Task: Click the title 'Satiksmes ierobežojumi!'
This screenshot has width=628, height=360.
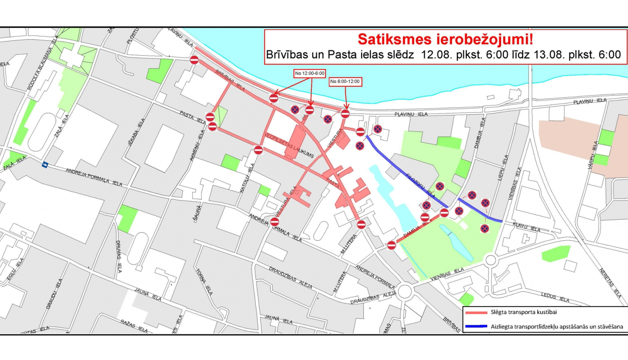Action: tap(445, 39)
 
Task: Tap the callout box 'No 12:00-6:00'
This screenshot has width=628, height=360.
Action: tap(309, 73)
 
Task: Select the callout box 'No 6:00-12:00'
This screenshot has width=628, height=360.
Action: tap(345, 82)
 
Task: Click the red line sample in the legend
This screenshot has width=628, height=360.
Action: tap(476, 313)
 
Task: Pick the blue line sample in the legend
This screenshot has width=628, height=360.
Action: tap(476, 327)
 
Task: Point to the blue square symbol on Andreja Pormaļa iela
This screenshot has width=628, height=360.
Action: tap(45, 165)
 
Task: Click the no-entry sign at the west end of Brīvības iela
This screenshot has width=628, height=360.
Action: tap(194, 60)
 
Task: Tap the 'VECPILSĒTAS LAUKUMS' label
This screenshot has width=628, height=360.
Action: tap(289, 145)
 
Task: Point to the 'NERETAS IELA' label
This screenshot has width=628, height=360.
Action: tap(610, 283)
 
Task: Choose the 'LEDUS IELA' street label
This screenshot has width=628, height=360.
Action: tap(555, 297)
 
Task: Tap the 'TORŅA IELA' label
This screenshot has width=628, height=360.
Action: tap(204, 282)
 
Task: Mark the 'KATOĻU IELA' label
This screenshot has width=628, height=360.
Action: tap(247, 178)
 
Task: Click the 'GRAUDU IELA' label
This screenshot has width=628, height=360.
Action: tap(54, 294)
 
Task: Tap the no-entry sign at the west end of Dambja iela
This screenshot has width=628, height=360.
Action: tap(391, 245)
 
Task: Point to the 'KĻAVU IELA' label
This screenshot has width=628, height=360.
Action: tap(526, 227)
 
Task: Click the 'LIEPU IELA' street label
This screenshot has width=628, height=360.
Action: tap(503, 168)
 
